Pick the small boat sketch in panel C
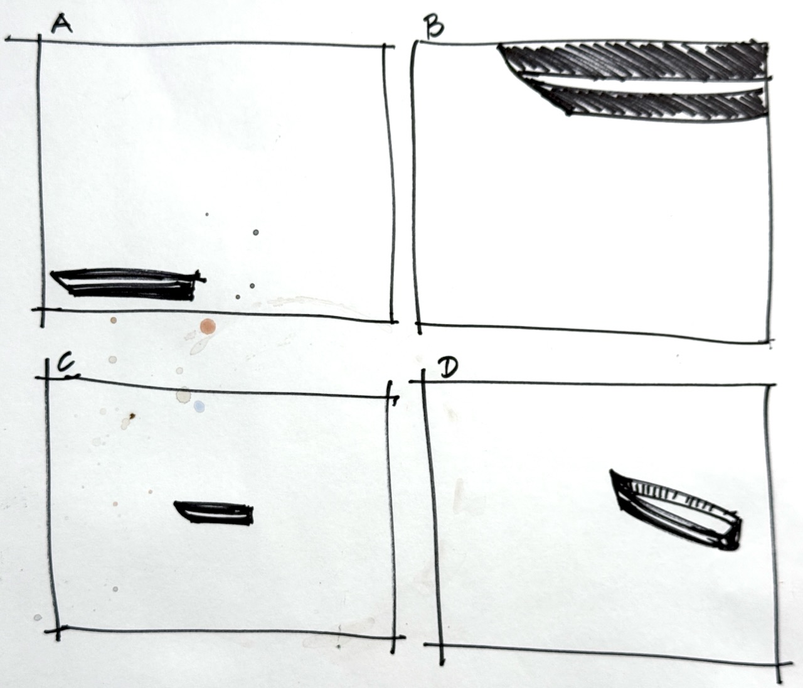pos(215,513)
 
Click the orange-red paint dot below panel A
pos(208,326)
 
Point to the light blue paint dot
pos(199,407)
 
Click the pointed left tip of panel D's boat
pos(612,471)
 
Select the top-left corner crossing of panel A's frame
pos(40,40)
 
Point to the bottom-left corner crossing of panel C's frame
pos(57,628)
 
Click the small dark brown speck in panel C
pos(132,416)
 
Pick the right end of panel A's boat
pos(203,279)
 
